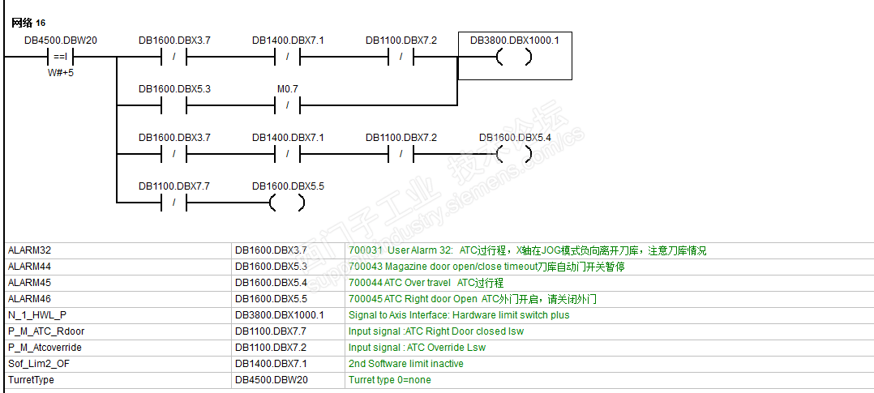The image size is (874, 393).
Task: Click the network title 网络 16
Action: coord(28,23)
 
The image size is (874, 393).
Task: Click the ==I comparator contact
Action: coord(61,58)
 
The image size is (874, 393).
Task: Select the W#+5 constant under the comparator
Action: coord(61,73)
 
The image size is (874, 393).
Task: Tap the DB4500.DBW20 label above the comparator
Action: coord(61,40)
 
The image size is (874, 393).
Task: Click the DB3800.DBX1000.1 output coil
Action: coord(515,58)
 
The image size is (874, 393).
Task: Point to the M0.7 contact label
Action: coord(288,88)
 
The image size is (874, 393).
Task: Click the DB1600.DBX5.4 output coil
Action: coord(515,154)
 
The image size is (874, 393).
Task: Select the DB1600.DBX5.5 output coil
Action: coord(288,203)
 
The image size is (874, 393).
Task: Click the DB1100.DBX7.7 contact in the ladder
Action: coord(174,203)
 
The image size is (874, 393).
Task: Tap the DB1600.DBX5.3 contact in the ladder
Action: coord(174,105)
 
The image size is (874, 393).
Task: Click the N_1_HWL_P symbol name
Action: coord(36,315)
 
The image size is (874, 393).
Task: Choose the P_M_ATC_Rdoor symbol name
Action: coord(46,331)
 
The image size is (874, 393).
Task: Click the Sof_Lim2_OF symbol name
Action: coord(38,364)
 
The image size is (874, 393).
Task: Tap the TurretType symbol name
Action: coord(32,380)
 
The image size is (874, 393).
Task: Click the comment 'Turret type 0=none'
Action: coord(390,380)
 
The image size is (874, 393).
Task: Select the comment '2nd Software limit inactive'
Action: coord(406,364)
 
